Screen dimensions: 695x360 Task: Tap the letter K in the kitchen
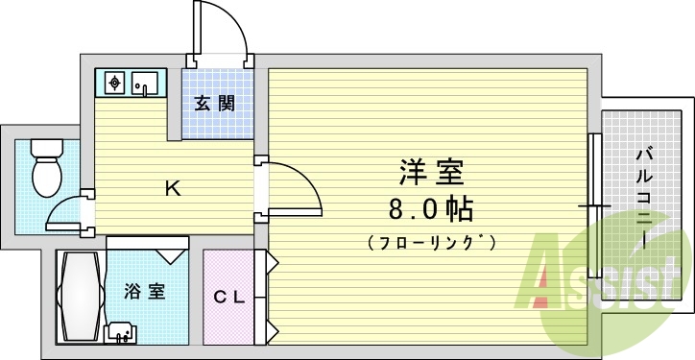pyautogui.click(x=173, y=188)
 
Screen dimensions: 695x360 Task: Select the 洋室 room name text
pyautogui.click(x=431, y=174)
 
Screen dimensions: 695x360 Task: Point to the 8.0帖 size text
pyautogui.click(x=431, y=208)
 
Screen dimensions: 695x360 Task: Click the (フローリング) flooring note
pyautogui.click(x=431, y=242)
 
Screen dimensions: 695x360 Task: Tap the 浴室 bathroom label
pyautogui.click(x=144, y=290)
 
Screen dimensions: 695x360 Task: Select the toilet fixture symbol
pyautogui.click(x=45, y=167)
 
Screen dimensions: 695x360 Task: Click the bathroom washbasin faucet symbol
pyautogui.click(x=121, y=332)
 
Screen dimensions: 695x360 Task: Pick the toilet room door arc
pyautogui.click(x=67, y=210)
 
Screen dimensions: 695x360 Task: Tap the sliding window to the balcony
pyautogui.click(x=593, y=206)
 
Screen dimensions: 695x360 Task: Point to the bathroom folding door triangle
pyautogui.click(x=172, y=254)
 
